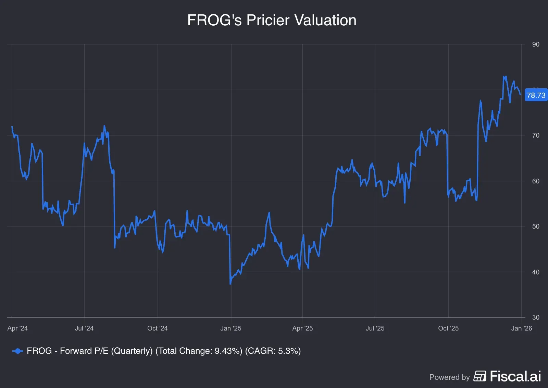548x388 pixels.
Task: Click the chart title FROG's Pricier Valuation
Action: (272, 20)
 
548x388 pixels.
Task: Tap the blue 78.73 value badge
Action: (536, 95)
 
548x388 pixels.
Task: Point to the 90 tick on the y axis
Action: (536, 44)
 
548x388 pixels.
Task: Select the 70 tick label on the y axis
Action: (536, 135)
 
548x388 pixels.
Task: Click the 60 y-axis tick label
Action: (536, 181)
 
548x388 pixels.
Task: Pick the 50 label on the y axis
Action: (536, 226)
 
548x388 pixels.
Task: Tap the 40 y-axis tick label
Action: (536, 272)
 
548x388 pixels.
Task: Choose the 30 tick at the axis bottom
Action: (536, 317)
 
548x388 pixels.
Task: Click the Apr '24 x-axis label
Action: (17, 328)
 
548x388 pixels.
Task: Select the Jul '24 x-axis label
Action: (84, 328)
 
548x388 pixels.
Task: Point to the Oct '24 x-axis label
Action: (158, 328)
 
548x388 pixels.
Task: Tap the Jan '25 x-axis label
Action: (231, 328)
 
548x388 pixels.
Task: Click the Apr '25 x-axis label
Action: (302, 328)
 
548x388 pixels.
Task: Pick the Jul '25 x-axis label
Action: (375, 328)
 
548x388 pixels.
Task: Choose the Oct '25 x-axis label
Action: (448, 328)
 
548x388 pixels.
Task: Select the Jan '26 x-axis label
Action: (521, 328)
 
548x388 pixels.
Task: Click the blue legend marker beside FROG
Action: (17, 351)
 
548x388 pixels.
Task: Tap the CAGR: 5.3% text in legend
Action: (273, 351)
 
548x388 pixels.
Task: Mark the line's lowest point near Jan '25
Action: (230, 284)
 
